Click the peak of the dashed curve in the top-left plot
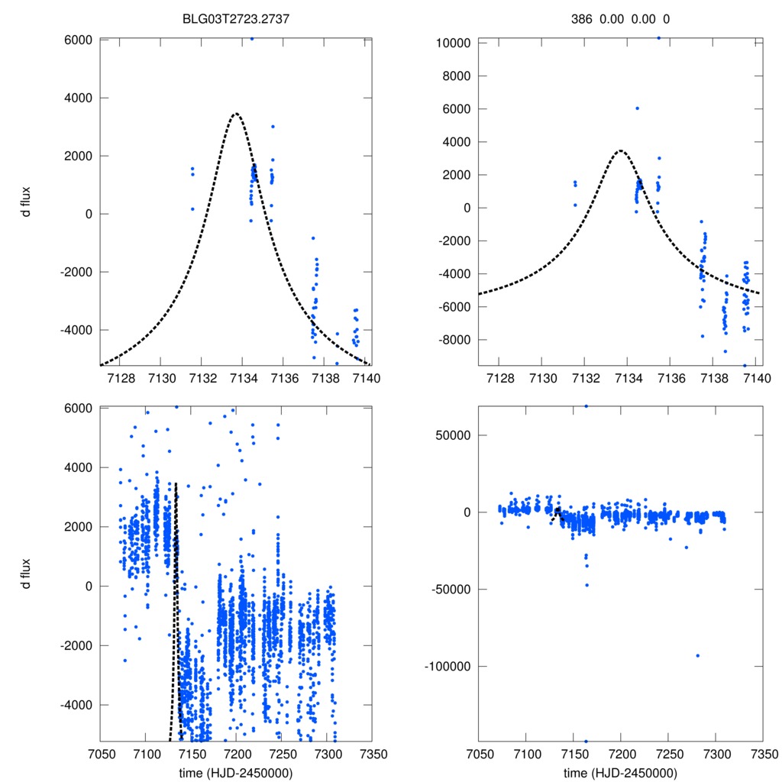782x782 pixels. coord(236,114)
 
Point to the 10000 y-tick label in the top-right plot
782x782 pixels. coord(451,43)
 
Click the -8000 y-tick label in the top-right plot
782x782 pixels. coord(454,340)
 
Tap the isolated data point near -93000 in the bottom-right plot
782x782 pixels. coord(697,655)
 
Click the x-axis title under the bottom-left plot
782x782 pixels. coord(236,772)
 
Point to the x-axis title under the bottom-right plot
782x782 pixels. coord(620,772)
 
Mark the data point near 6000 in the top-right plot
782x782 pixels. coord(637,108)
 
